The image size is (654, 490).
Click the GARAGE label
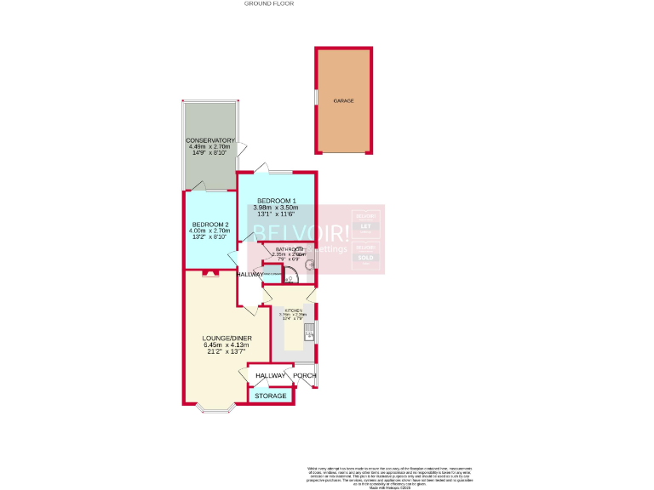click(344, 100)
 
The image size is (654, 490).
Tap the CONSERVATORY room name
click(211, 140)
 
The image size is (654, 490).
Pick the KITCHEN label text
click(293, 311)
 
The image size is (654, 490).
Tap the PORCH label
click(305, 375)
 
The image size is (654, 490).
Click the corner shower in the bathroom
click(290, 276)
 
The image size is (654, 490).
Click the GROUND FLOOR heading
click(269, 3)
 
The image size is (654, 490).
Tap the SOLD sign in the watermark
click(365, 257)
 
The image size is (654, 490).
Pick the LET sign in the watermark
click(365, 226)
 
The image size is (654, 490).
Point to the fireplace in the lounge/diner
click(209, 273)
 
